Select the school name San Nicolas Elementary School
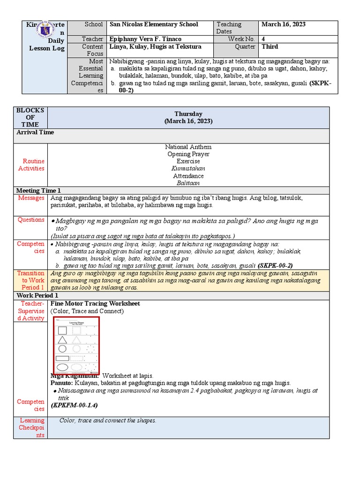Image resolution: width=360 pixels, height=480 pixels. [154, 24]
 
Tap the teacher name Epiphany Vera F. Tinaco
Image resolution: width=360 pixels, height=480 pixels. [145, 39]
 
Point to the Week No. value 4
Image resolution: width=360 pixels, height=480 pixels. [263, 39]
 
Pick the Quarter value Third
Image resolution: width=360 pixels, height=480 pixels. [270, 47]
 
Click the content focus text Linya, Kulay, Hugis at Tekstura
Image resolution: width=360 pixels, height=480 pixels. [155, 47]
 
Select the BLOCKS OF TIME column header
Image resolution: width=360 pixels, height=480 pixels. [30, 117]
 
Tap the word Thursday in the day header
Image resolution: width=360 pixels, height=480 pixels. [188, 114]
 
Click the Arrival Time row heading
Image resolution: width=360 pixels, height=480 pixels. [35, 133]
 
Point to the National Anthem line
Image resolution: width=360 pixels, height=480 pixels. [188, 147]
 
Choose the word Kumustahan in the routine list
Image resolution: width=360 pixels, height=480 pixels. [188, 169]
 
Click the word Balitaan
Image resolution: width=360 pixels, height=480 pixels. [188, 183]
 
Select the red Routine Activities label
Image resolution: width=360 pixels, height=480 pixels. [31, 165]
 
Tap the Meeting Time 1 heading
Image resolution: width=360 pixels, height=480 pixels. [39, 191]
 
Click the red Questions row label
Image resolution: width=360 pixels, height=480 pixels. [31, 220]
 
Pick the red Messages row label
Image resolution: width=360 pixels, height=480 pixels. [31, 198]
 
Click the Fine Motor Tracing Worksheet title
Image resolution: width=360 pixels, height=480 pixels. [95, 304]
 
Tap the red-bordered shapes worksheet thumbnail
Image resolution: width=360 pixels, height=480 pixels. [76, 345]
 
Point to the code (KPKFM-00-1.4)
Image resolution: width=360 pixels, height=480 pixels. [74, 405]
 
